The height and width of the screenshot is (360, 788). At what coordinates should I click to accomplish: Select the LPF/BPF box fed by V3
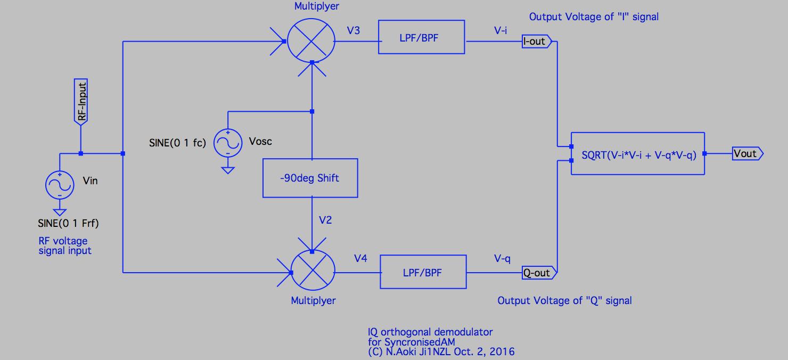tap(421, 37)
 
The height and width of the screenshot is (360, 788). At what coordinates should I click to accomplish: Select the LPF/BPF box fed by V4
tap(423, 272)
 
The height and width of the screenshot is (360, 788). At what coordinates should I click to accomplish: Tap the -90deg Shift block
tap(310, 178)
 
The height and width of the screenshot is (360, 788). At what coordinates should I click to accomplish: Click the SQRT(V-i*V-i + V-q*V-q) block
tap(637, 153)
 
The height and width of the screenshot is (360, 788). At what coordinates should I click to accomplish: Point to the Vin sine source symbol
tap(60, 184)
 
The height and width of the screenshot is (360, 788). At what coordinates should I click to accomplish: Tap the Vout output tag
tap(746, 153)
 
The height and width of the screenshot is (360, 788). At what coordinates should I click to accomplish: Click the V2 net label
tap(325, 219)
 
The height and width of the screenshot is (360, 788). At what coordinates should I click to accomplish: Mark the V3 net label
tap(353, 30)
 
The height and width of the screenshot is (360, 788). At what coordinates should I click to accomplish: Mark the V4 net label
tap(360, 258)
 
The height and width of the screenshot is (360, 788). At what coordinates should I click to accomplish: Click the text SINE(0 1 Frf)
tap(68, 223)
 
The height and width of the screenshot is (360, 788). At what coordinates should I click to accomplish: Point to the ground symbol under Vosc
tap(227, 170)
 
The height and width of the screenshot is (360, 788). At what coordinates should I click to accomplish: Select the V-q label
tap(502, 258)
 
